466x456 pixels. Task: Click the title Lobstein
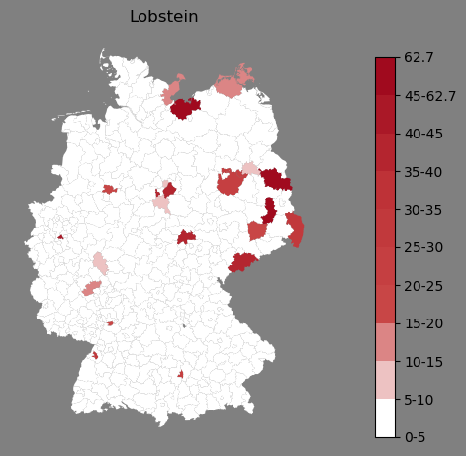point(164,17)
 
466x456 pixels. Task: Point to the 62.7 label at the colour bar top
point(419,57)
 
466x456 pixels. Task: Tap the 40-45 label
point(423,135)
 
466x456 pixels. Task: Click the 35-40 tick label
point(423,172)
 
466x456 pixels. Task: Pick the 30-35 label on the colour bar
point(423,210)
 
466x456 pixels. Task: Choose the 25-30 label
point(423,247)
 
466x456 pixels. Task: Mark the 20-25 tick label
point(423,286)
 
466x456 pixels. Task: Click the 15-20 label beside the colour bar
point(423,323)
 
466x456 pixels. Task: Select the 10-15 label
point(423,362)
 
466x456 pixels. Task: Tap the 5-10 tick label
point(419,400)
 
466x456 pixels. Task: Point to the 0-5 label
point(415,437)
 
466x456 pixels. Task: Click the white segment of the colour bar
point(385,418)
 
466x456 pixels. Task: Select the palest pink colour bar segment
point(385,380)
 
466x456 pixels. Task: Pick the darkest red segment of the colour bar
point(385,77)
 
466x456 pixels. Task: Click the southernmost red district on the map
point(180,374)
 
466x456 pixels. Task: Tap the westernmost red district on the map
point(60,237)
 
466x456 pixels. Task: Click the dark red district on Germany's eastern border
point(276,179)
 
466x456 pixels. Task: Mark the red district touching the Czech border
point(242,262)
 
